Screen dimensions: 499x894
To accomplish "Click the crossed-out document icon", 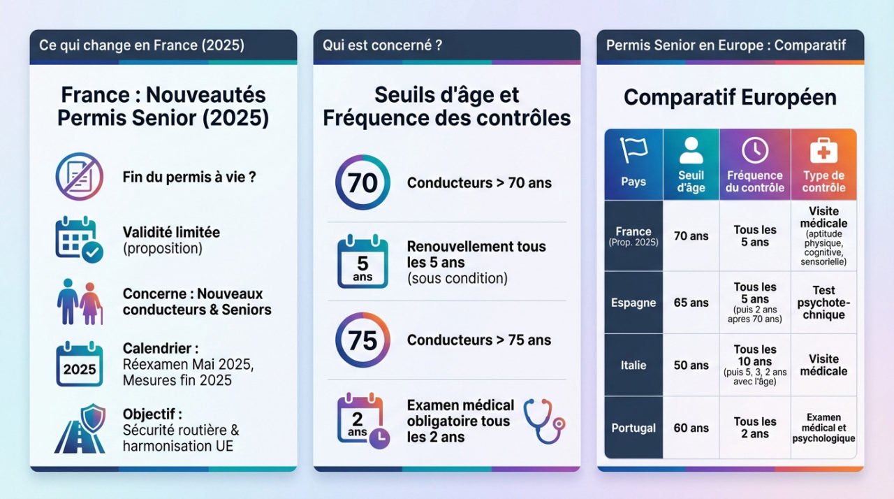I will tap(79, 177).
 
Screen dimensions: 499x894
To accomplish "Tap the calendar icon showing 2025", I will tap(79, 364).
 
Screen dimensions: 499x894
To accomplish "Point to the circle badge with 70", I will tap(362, 183).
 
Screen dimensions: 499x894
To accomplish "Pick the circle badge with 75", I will tap(362, 340).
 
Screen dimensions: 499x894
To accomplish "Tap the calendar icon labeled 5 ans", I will tap(362, 263).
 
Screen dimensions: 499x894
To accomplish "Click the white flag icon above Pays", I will tap(633, 150).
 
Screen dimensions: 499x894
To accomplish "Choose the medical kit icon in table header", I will tap(823, 150).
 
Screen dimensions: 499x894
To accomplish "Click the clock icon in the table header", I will tap(755, 150).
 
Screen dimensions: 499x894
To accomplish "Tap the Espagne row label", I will tap(633, 303).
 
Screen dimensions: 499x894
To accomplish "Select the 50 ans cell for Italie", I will tap(691, 365).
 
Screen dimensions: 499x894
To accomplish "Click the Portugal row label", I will tap(633, 428).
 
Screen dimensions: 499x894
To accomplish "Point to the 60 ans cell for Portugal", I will tap(691, 428).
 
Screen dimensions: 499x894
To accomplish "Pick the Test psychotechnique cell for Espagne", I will tap(823, 303).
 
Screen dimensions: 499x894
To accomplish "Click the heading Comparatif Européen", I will tap(730, 97).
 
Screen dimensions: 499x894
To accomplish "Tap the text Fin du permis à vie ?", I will tap(189, 177).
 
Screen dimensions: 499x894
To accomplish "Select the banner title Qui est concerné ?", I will tap(382, 45).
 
